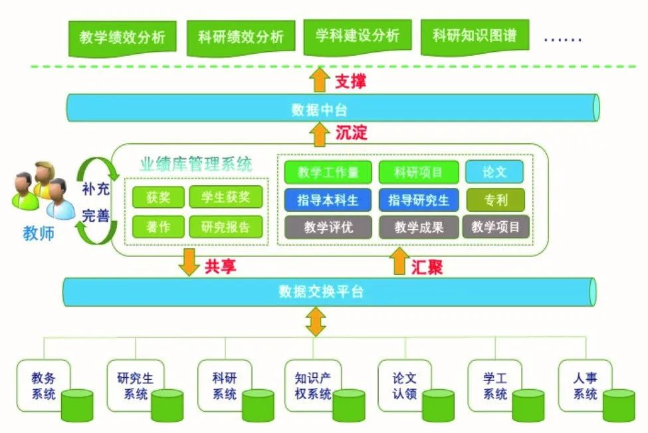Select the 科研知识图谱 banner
click(x=475, y=35)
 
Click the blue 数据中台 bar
click(x=332, y=108)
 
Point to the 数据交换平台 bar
click(x=329, y=291)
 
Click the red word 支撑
click(x=350, y=82)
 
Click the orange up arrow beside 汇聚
click(x=399, y=262)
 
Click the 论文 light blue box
click(x=494, y=172)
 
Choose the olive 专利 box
click(x=496, y=199)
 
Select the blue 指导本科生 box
click(x=328, y=199)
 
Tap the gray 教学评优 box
click(x=328, y=226)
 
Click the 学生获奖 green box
click(x=225, y=197)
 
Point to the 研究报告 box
click(x=225, y=226)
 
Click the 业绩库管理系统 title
click(x=196, y=165)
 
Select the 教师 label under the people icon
click(x=39, y=233)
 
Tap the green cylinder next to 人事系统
click(x=618, y=404)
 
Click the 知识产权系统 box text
click(x=313, y=386)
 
